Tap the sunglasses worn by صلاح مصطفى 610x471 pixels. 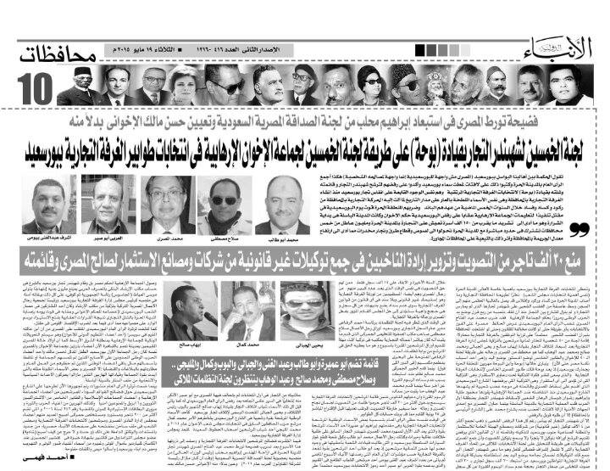point(224,201)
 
